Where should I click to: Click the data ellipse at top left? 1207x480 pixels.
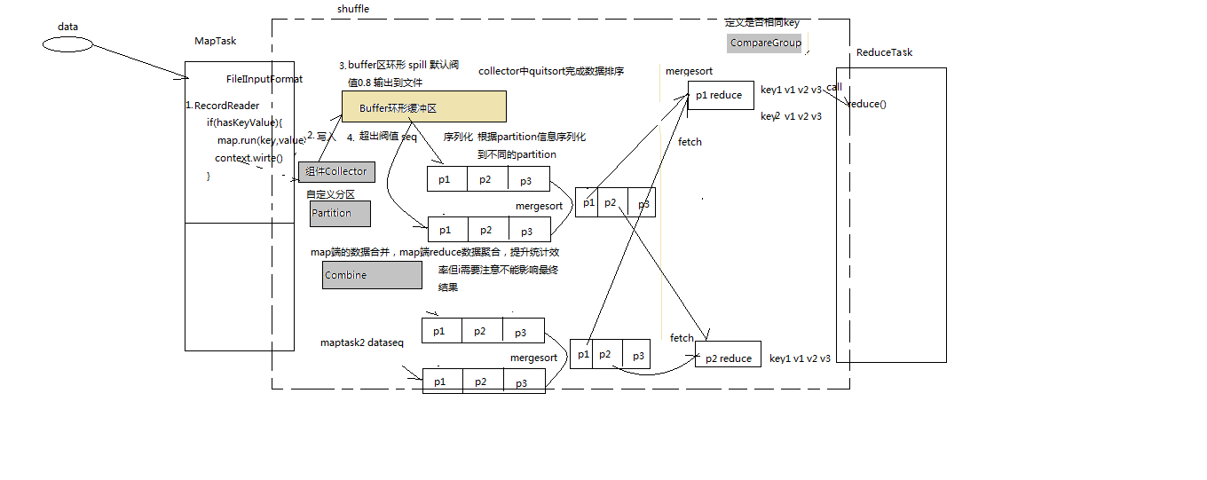click(x=67, y=44)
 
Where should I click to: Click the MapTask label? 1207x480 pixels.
click(x=216, y=41)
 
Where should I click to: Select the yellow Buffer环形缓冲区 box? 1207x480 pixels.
click(x=424, y=106)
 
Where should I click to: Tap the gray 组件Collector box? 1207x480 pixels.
click(x=336, y=171)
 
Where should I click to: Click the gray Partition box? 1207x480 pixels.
click(x=340, y=213)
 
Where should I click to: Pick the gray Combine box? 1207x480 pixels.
click(x=372, y=275)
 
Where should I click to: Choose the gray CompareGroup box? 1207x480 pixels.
click(x=766, y=43)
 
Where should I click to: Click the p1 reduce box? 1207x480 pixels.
click(x=721, y=96)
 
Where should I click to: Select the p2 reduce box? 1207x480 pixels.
click(x=728, y=358)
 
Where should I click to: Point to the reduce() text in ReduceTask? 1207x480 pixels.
click(x=867, y=104)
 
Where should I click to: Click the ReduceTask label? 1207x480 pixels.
click(x=884, y=52)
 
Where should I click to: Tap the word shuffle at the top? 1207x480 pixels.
click(x=353, y=9)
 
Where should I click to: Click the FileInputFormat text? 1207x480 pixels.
click(x=264, y=79)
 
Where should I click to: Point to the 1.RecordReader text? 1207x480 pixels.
click(x=223, y=106)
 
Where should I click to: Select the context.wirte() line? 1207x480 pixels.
click(x=248, y=158)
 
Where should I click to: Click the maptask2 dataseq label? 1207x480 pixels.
click(x=362, y=342)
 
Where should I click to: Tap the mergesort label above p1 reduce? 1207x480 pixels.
click(x=689, y=71)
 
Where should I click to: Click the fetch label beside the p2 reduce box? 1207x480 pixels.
click(x=682, y=338)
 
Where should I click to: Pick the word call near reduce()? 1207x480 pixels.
click(x=834, y=87)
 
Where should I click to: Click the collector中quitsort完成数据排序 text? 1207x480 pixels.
click(x=551, y=71)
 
